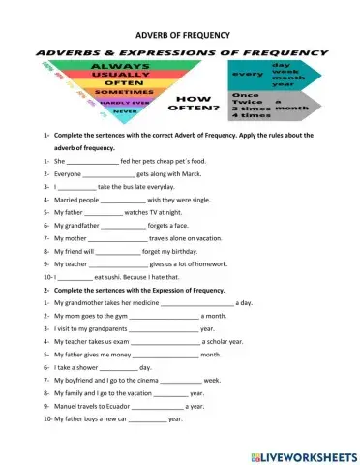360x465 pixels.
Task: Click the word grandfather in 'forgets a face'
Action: tap(89, 224)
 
